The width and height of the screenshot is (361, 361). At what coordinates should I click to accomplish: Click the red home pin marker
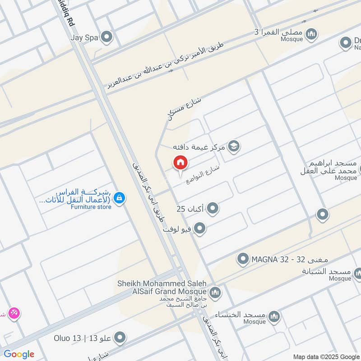click(x=180, y=163)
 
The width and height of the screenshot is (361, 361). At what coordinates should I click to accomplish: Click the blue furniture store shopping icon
click(x=119, y=198)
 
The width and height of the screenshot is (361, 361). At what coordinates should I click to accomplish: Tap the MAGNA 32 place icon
click(x=243, y=259)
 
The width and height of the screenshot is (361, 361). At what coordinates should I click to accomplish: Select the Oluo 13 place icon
click(x=120, y=337)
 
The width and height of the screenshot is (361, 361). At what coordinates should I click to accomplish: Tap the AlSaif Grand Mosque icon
click(x=215, y=292)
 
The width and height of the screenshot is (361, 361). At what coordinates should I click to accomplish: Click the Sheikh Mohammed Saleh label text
click(x=162, y=283)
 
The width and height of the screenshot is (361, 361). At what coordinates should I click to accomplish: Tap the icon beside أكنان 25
click(x=213, y=208)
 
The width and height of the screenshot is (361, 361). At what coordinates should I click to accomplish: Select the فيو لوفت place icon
click(x=200, y=229)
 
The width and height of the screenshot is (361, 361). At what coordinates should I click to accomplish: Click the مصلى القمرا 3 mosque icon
click(x=311, y=34)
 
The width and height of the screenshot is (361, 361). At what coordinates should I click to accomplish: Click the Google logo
click(x=19, y=354)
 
